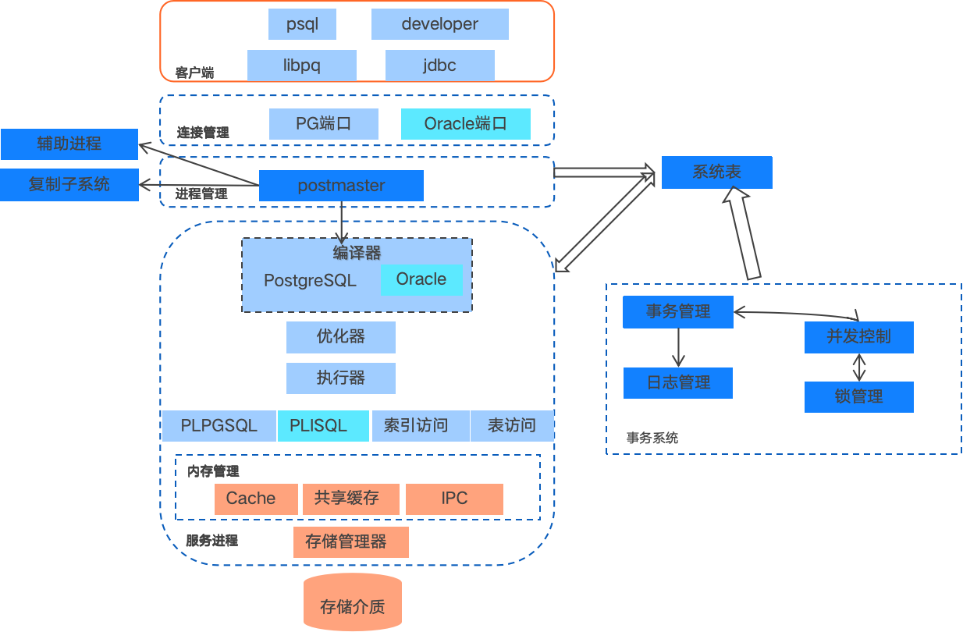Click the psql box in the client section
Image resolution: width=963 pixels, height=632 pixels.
[302, 24]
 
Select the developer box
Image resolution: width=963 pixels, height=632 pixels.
[439, 24]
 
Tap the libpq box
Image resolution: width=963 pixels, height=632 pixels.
[301, 66]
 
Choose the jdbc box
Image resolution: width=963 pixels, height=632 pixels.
[439, 66]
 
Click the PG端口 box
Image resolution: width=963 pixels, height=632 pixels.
[323, 124]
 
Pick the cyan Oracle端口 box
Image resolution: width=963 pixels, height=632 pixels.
[465, 124]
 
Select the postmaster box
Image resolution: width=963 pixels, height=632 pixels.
[341, 186]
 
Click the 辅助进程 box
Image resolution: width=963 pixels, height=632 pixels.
[69, 144]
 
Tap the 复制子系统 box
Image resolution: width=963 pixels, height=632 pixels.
[69, 185]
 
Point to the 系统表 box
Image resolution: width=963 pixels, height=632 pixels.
[716, 172]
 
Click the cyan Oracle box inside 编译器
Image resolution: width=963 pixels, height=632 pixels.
[421, 280]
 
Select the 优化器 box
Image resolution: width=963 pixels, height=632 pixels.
[340, 337]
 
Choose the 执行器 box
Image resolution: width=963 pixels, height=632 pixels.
[340, 378]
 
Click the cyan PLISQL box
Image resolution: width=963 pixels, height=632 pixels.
[322, 426]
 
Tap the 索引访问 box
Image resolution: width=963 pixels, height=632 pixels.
[415, 426]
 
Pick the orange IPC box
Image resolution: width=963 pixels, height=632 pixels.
[454, 499]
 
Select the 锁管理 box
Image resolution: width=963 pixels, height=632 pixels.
[858, 397]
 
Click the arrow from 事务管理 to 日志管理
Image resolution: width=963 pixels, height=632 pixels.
[678, 347]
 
